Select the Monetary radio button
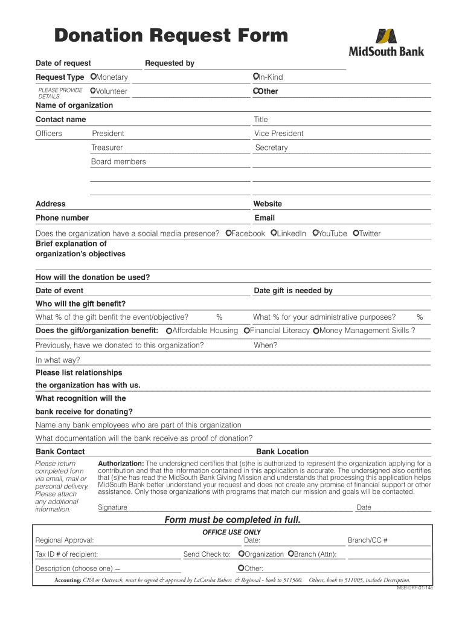93,77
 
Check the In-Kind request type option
257,77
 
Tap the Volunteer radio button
93,91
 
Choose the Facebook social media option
228,233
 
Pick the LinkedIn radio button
274,233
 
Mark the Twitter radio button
356,233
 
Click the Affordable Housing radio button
169,331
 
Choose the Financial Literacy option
246,331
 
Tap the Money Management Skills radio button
316,331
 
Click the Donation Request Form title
171,36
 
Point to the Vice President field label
278,134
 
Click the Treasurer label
107,147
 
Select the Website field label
268,204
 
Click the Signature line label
112,507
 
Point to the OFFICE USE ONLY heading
231,532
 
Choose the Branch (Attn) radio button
290,554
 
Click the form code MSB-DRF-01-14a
414,588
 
